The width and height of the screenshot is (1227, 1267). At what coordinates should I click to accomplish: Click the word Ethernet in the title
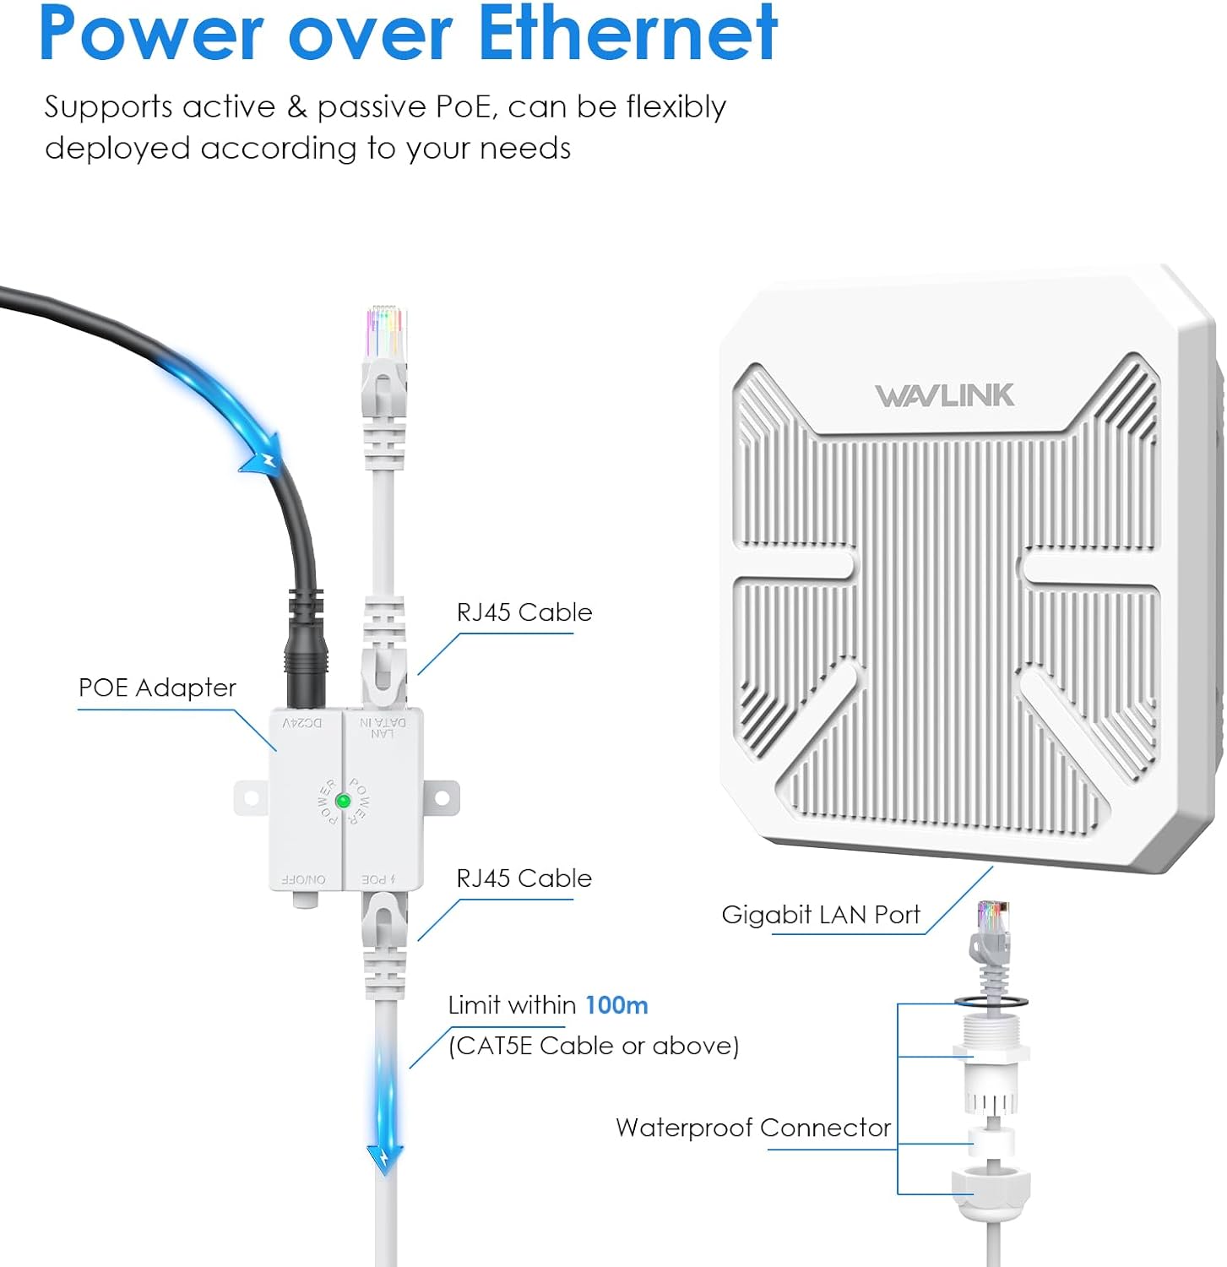point(627,34)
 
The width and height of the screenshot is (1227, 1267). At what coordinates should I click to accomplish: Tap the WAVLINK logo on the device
point(944,395)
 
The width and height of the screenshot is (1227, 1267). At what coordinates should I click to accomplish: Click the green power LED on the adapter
point(343,801)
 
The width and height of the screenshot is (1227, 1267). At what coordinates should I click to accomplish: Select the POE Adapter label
point(157,688)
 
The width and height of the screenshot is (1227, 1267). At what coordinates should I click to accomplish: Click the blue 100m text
point(616,1005)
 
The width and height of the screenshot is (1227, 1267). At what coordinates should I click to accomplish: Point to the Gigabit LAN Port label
point(820,915)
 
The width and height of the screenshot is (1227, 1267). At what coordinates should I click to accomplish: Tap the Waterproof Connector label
point(752,1128)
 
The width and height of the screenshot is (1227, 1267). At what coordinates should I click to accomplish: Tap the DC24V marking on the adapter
point(302,723)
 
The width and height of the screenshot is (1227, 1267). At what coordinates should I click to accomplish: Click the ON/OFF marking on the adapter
point(303,879)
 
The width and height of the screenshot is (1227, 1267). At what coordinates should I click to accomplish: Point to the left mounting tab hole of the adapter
point(250,797)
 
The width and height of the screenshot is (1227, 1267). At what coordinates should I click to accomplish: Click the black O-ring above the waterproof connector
point(992,1001)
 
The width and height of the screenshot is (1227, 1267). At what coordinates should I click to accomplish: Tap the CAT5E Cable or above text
point(594,1046)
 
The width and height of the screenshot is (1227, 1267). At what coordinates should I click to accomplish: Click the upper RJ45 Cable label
point(524,612)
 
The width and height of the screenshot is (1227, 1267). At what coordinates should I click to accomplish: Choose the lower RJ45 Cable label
point(524,878)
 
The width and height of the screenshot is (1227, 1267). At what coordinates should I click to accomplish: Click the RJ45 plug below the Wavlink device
point(992,929)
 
